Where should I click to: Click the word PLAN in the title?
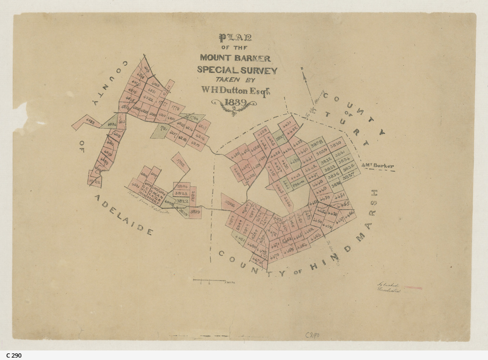coord(235,38)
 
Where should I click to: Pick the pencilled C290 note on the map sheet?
coord(312,335)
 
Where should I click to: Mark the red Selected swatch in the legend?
coord(412,288)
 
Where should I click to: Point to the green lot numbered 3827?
coord(280,138)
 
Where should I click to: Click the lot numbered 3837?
coord(349,176)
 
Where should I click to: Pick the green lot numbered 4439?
coord(293,160)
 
